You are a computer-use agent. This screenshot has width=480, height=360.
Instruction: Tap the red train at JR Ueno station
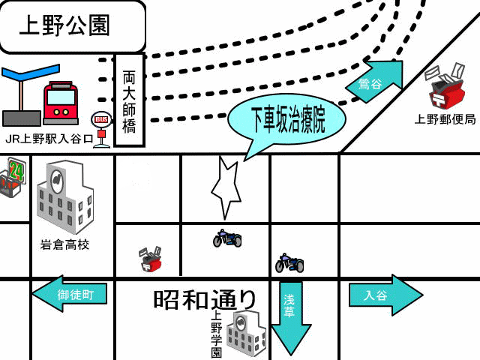coord(61,103)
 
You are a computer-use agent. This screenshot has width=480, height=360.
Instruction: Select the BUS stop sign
coord(101,119)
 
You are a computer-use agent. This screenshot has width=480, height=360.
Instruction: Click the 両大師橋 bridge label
coord(129,100)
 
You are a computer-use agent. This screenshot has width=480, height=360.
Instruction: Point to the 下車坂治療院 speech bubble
coord(287,119)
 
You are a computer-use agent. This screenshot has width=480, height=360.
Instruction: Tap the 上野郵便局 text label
coord(445,119)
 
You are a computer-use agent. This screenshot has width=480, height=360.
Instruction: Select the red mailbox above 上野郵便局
coord(446,89)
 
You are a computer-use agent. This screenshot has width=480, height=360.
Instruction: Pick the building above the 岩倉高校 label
coord(65,196)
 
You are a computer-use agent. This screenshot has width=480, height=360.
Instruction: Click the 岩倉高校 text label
coord(64,244)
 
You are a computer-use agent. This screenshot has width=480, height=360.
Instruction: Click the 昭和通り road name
coord(205,299)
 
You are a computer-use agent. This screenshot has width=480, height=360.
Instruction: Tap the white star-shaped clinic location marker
coord(226,187)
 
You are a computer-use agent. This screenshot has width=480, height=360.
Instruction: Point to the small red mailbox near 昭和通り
coord(151,259)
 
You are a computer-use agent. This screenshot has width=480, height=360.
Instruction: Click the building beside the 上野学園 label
coord(246,332)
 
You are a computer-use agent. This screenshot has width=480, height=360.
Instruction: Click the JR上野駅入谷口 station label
coord(49,139)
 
